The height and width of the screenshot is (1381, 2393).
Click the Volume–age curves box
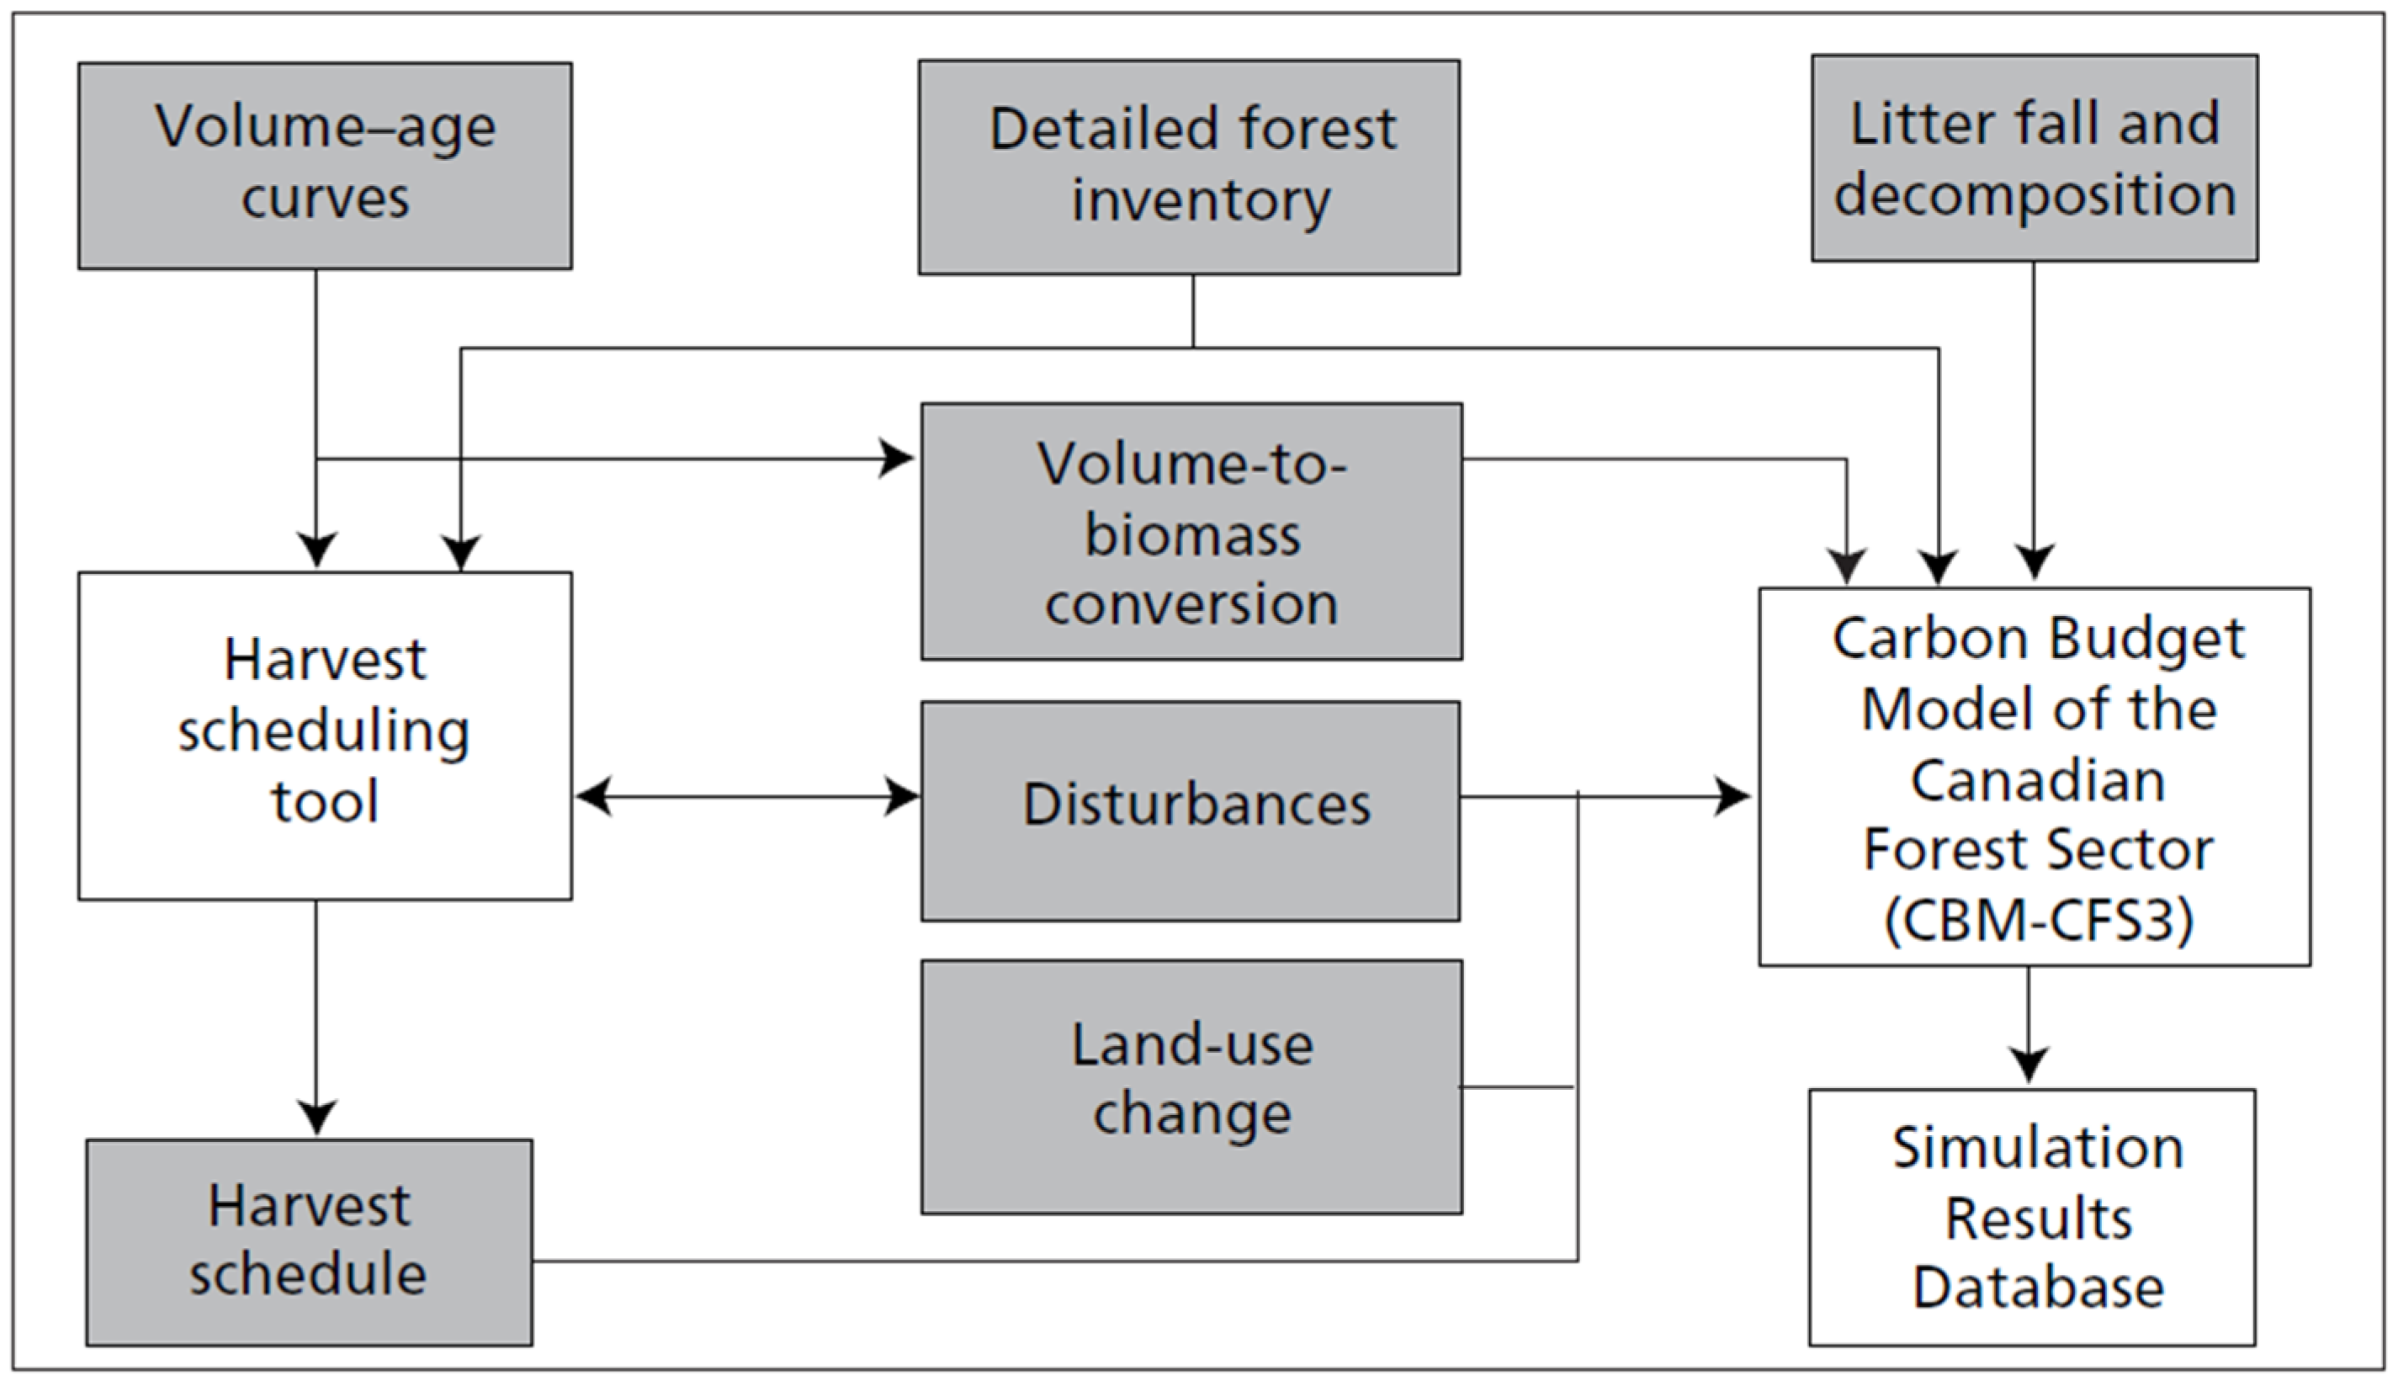[x=324, y=165]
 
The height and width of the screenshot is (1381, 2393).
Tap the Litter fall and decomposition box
[x=2034, y=157]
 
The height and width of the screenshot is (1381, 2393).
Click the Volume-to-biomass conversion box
[x=1191, y=531]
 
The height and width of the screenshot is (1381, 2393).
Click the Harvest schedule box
[x=308, y=1241]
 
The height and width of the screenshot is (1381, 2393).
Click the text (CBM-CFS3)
[x=2039, y=919]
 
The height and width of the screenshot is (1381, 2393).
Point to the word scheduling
[x=324, y=731]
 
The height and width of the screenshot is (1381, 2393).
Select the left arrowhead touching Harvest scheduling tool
[x=593, y=796]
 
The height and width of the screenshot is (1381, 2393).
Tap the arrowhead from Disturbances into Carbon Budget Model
[x=1733, y=796]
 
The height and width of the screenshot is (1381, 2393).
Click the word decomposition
[x=2035, y=194]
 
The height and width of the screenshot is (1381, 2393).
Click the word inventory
[x=1201, y=200]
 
